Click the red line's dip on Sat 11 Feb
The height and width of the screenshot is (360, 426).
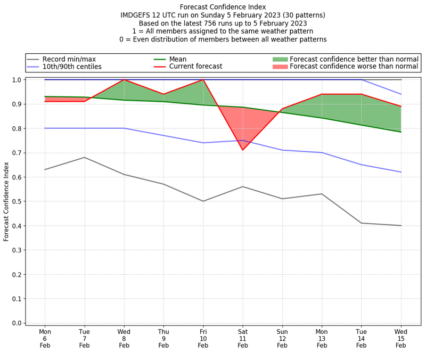tap(243, 150)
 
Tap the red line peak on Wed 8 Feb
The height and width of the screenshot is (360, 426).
tap(124, 80)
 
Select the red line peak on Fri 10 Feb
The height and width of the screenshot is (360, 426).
tap(203, 80)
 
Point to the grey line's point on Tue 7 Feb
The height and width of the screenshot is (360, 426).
tap(85, 157)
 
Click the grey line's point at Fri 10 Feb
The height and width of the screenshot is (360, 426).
tap(203, 201)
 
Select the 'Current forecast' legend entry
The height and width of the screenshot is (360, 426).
tap(195, 67)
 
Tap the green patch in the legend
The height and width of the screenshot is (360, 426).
tap(280, 59)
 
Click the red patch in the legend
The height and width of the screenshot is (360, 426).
tap(280, 67)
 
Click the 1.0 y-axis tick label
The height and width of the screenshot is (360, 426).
tap(17, 80)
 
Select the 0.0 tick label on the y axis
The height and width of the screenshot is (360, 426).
tap(17, 323)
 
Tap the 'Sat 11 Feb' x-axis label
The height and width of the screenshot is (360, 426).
tap(243, 338)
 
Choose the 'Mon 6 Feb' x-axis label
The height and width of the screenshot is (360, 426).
tap(45, 338)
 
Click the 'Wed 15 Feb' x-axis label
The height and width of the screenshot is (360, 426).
tap(401, 338)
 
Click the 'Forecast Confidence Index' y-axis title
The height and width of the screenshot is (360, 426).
tap(6, 201)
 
